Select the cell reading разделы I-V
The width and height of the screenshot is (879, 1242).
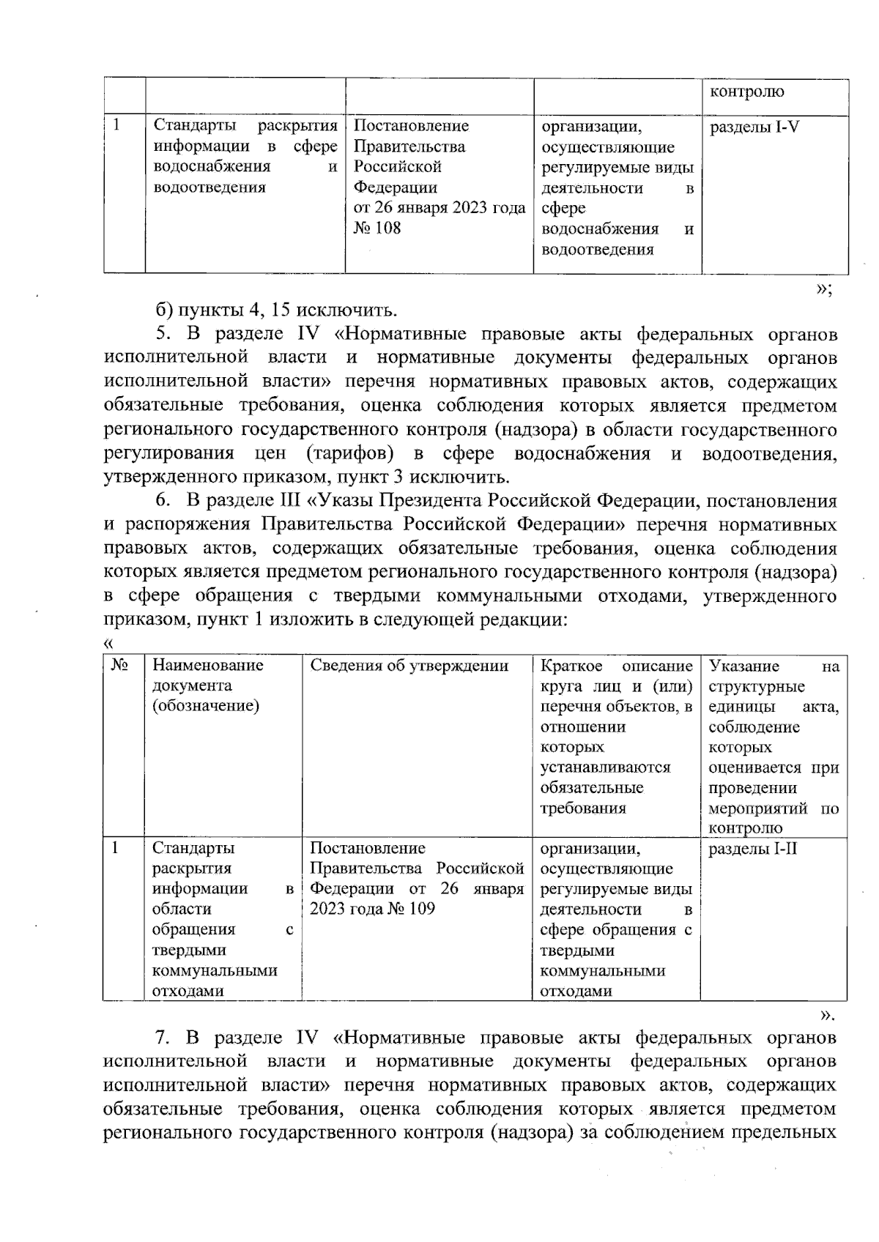pos(754,127)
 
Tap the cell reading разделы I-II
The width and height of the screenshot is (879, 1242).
pos(753,849)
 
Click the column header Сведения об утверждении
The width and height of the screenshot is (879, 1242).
pos(409,666)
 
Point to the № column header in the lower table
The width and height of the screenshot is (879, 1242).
pos(119,666)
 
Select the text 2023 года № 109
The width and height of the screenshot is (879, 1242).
pos(372,910)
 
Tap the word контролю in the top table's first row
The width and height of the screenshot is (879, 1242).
pos(746,92)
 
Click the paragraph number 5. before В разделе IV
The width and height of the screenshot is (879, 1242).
pos(163,335)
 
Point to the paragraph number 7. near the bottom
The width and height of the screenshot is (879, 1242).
pos(163,1038)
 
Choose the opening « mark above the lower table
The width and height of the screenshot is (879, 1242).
pos(108,644)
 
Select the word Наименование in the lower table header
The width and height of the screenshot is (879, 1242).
pos(207,666)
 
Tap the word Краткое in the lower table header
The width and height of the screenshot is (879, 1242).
pos(571,666)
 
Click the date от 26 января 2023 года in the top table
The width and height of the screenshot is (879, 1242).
pos(439,209)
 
